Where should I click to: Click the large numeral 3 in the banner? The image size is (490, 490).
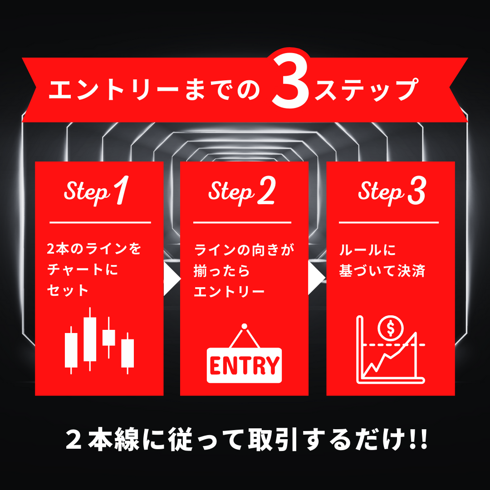coord(290,81)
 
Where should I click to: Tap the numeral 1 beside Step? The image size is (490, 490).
coord(121,190)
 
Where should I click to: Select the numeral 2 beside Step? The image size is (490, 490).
coord(266,190)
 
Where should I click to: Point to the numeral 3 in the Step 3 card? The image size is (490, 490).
coord(416,190)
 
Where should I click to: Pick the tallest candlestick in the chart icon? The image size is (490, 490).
coord(90,339)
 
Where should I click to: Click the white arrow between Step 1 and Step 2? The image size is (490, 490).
coord(172,279)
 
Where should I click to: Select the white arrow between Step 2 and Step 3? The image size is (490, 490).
coord(317,278)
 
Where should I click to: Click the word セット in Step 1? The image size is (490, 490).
coord(68,290)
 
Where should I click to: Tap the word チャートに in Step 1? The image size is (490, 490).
coord(83,269)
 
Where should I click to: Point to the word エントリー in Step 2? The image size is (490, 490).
coord(230,292)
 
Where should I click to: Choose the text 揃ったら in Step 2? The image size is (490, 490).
coord(221,270)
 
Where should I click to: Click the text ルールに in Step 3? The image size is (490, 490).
coord(367,250)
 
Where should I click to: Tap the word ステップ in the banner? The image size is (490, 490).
coord(366,90)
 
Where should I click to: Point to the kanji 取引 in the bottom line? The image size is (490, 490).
coord(272,440)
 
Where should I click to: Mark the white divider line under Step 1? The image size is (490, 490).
coord(100,222)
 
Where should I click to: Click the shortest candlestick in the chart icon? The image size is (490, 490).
coord(109,338)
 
